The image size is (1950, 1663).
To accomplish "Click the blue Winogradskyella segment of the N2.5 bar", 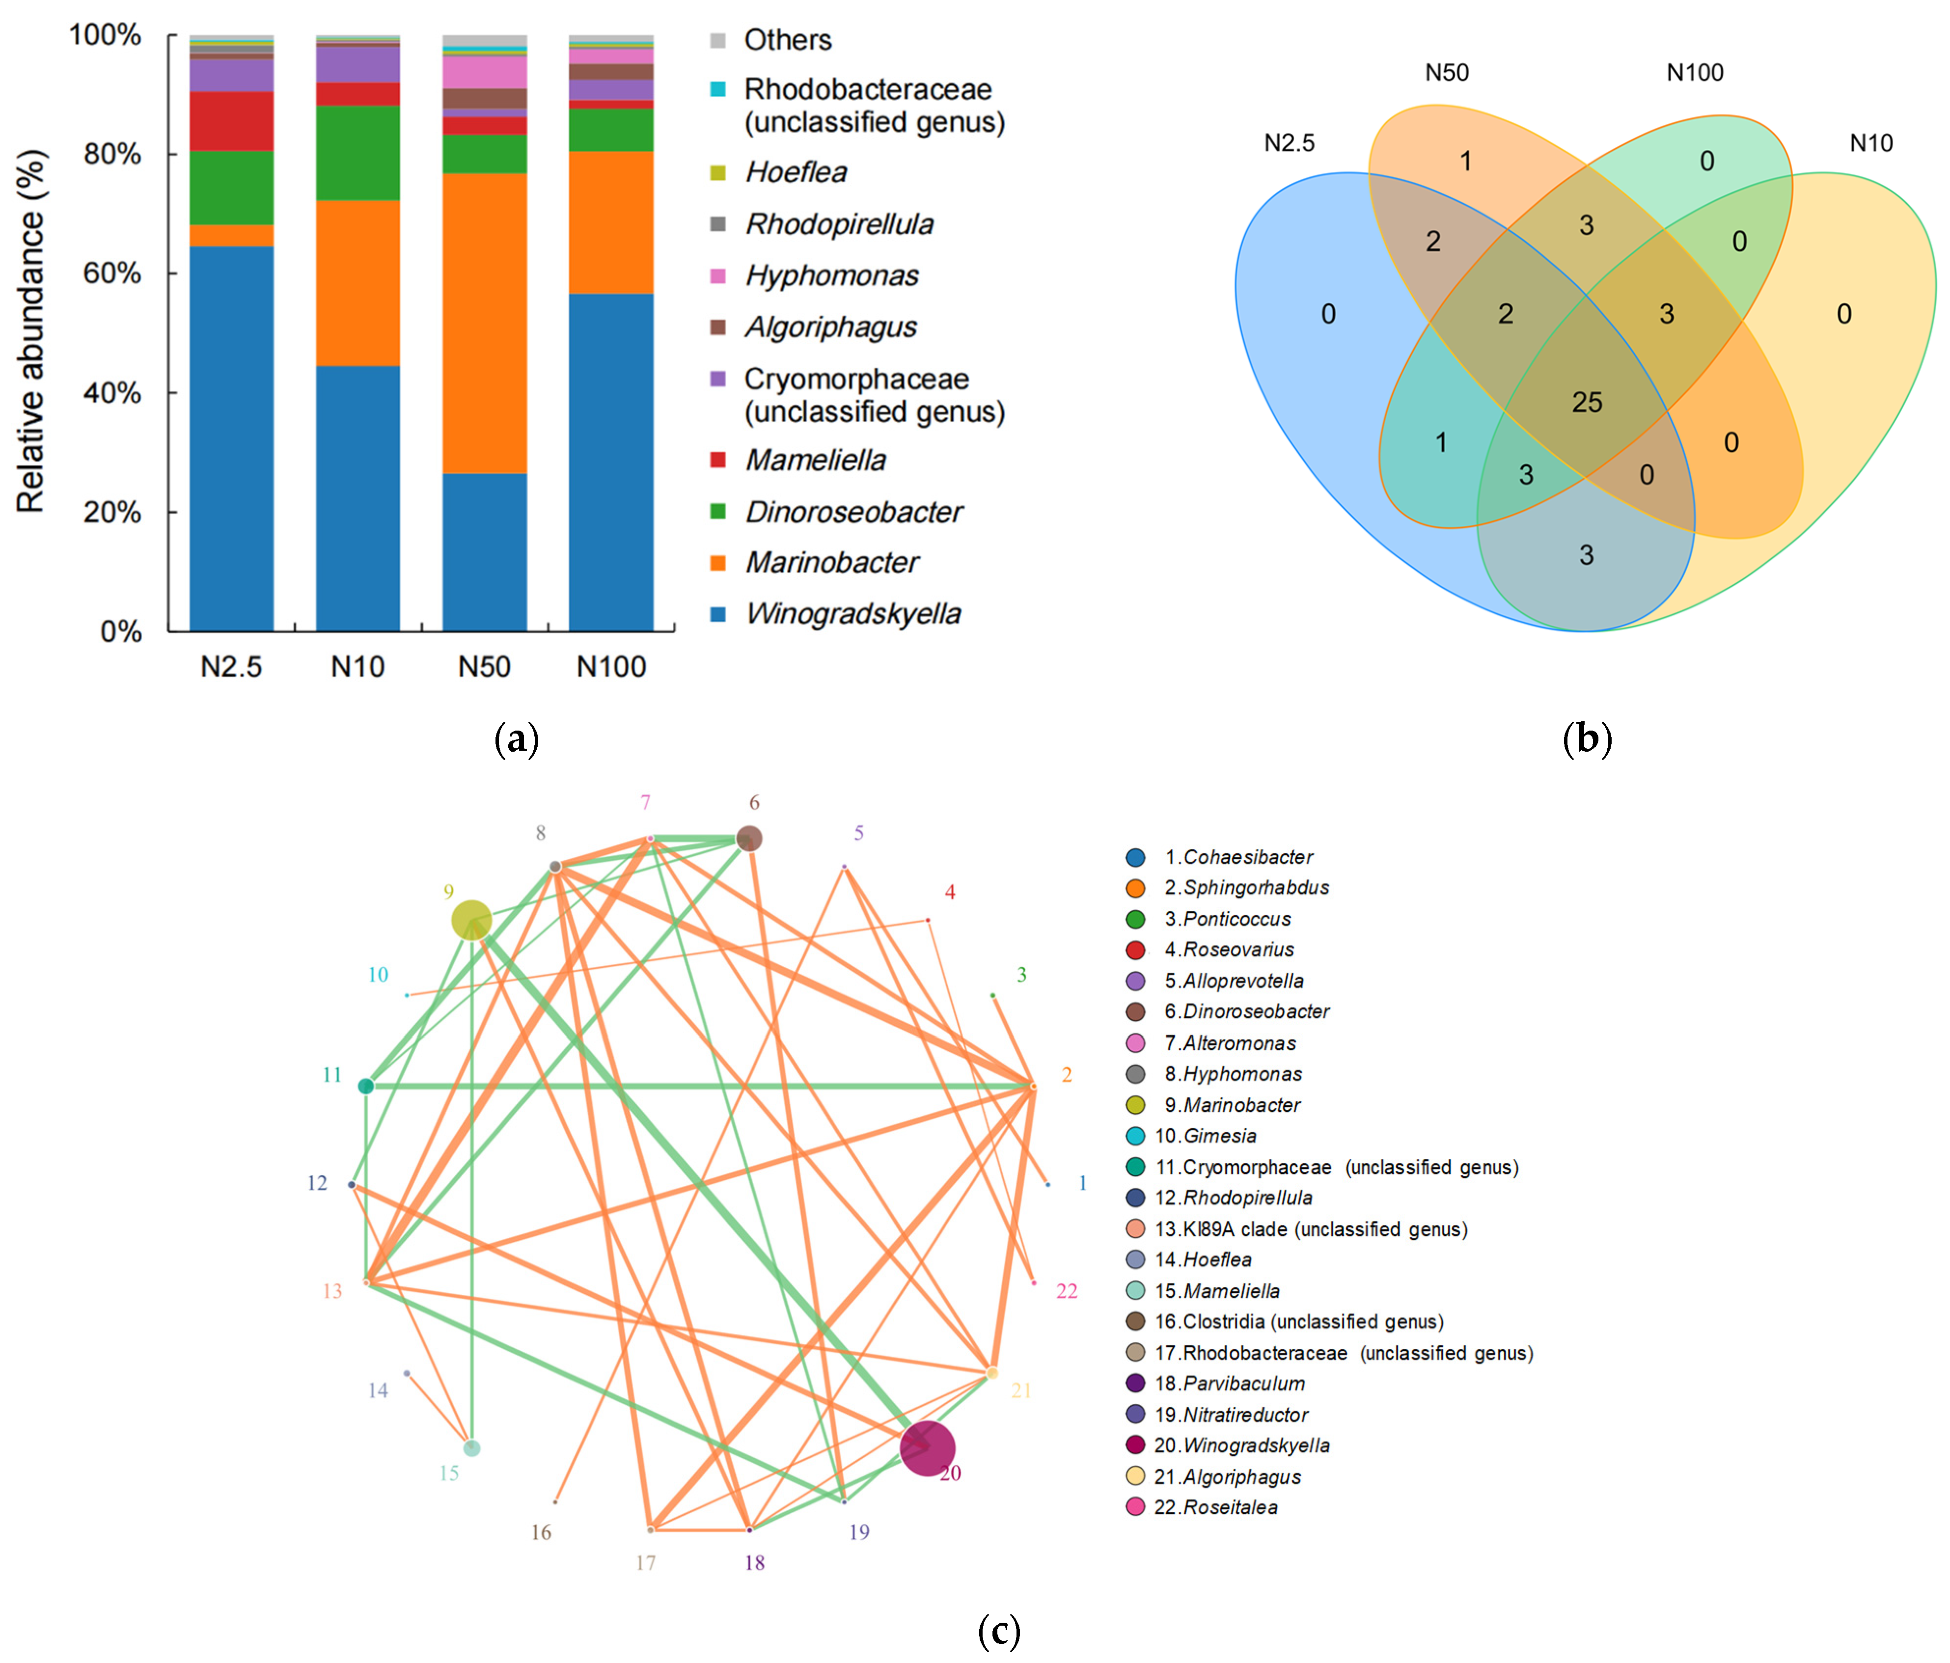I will pyautogui.click(x=231, y=437).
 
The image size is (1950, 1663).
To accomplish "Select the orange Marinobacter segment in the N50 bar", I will pyautogui.click(x=485, y=323).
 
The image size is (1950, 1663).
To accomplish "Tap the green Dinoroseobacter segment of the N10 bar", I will pyautogui.click(x=357, y=153).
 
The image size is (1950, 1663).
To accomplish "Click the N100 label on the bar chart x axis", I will pyautogui.click(x=611, y=667).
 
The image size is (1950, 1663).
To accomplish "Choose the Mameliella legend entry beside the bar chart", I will pyautogui.click(x=815, y=460).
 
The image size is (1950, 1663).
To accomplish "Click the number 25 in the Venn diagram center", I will pyautogui.click(x=1587, y=403).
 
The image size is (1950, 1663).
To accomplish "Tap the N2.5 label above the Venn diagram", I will pyautogui.click(x=1290, y=143).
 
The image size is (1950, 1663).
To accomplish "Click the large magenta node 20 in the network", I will pyautogui.click(x=928, y=1448).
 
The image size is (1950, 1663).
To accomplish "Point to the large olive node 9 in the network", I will pyautogui.click(x=471, y=920).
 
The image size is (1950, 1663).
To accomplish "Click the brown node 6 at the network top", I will pyautogui.click(x=749, y=838).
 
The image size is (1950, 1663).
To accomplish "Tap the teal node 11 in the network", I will pyautogui.click(x=366, y=1086).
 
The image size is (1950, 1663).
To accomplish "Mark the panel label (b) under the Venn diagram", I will pyautogui.click(x=1587, y=740).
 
